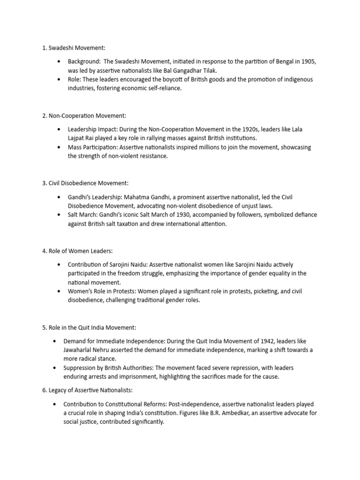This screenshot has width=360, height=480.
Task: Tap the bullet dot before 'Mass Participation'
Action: point(58,147)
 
